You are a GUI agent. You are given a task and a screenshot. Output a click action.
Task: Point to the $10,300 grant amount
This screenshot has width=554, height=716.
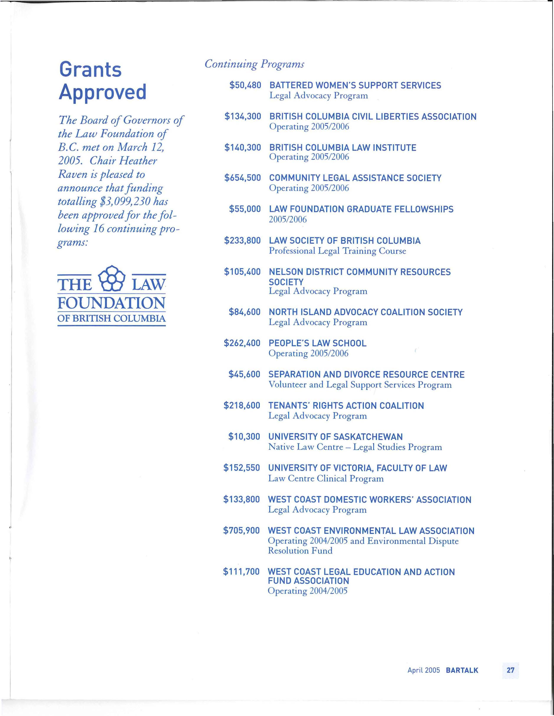point(244,437)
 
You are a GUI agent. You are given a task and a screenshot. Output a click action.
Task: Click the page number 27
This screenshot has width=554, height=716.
point(510,670)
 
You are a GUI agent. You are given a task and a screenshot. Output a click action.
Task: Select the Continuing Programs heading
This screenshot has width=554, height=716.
point(254,64)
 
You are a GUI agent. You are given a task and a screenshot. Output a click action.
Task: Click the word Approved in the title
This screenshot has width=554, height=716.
point(103,92)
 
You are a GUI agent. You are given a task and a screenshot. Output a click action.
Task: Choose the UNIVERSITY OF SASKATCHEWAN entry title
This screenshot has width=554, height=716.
point(335,437)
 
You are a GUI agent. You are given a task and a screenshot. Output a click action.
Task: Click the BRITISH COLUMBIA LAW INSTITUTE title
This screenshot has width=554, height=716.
point(343,148)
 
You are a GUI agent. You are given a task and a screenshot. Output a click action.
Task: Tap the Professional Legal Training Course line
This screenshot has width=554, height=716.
point(337,251)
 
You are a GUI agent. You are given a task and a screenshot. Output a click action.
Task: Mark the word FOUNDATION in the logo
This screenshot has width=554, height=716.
point(112,303)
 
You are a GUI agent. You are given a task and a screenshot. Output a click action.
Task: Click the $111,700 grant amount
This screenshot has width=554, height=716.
point(241,572)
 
